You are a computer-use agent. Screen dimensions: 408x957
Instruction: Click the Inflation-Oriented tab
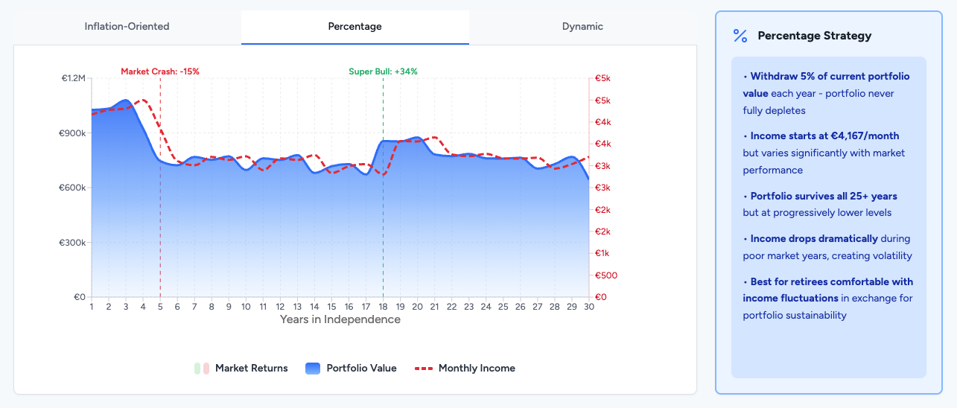click(127, 27)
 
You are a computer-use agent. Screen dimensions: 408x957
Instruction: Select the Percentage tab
click(354, 27)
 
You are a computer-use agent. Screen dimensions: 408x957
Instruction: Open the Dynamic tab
click(582, 27)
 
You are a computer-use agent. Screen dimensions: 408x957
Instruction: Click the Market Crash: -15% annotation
click(160, 71)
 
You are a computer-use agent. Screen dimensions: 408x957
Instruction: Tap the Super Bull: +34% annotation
click(383, 71)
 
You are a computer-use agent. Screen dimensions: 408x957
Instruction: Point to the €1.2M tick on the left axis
click(74, 78)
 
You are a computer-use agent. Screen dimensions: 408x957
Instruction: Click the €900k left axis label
click(74, 133)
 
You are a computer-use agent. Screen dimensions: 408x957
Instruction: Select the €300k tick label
click(74, 243)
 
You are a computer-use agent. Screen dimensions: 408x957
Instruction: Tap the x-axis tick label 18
click(383, 307)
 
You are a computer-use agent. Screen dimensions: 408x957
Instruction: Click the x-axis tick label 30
click(588, 307)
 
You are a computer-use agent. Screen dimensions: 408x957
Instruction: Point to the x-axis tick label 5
click(160, 307)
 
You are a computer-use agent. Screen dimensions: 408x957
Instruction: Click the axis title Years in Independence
click(340, 319)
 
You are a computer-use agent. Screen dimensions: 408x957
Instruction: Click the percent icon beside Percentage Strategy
click(740, 36)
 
